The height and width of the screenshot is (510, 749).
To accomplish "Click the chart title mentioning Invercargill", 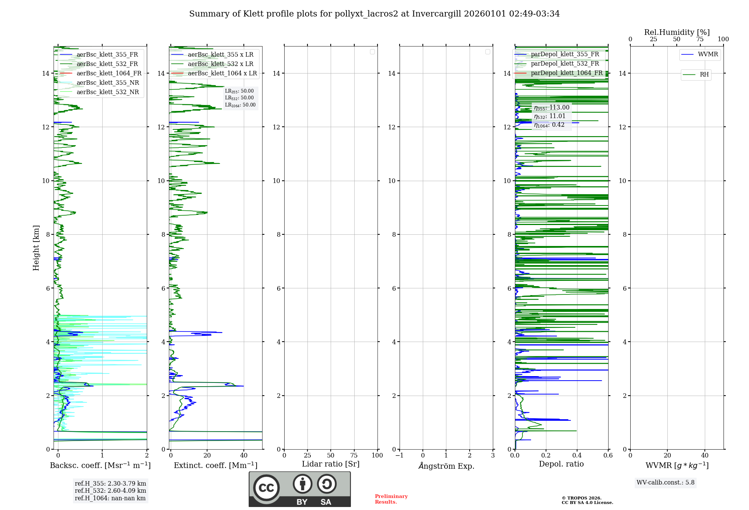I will coord(374,14).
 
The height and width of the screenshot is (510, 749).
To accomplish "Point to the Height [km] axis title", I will coord(36,248).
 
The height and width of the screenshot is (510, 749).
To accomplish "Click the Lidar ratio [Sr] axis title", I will coord(331,464).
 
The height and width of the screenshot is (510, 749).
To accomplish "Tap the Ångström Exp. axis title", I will coord(446,466).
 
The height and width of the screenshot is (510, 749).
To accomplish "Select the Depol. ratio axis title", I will coord(561,464).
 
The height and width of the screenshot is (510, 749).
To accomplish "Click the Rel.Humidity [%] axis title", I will coord(677,32).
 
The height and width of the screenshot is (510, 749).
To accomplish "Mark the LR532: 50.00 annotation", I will coord(239,98).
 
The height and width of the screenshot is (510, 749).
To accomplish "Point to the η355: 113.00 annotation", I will coord(552,108).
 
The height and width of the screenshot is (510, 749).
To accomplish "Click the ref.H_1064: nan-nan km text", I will coord(110,498).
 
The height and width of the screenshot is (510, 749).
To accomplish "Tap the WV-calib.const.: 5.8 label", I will coord(665,483).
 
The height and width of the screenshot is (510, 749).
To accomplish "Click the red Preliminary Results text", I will coord(391,499).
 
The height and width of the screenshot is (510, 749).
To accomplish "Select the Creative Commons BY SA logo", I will coord(300,489).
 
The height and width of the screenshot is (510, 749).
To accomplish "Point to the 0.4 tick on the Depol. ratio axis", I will coord(577,456).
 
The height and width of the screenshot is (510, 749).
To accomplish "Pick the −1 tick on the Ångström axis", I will coord(399,456).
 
